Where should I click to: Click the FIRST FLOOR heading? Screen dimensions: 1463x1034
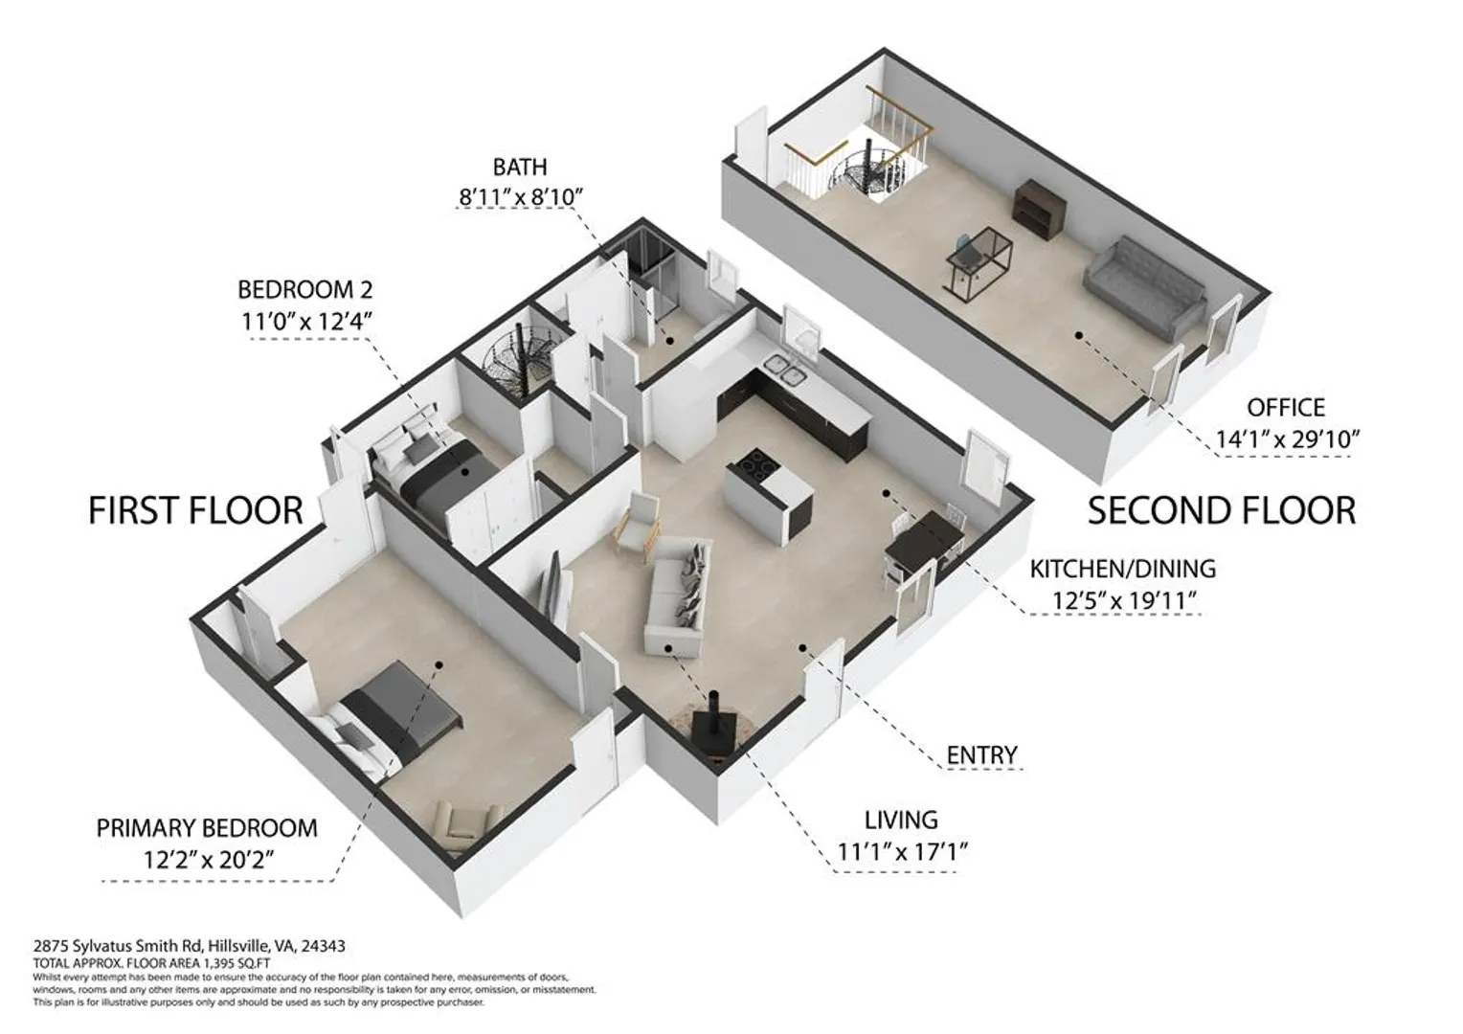pyautogui.click(x=195, y=511)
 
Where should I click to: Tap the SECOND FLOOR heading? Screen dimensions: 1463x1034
pyautogui.click(x=1222, y=511)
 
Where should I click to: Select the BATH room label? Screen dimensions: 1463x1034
pyautogui.click(x=520, y=168)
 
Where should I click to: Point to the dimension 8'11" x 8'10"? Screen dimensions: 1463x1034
pyautogui.click(x=521, y=196)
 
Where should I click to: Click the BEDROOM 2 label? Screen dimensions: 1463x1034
pyautogui.click(x=305, y=289)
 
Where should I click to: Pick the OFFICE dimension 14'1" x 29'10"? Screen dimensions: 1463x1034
pyautogui.click(x=1287, y=438)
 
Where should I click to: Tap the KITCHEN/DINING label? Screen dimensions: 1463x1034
pyautogui.click(x=1123, y=569)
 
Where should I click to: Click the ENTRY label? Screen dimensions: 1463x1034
pyautogui.click(x=981, y=755)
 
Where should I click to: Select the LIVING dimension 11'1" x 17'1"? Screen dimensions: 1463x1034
pyautogui.click(x=901, y=851)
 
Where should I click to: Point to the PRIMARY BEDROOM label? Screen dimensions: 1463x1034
pyautogui.click(x=207, y=828)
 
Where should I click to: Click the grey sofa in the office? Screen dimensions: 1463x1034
pyautogui.click(x=1144, y=287)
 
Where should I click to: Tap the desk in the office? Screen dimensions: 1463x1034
pyautogui.click(x=979, y=262)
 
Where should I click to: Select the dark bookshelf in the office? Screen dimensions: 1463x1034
pyautogui.click(x=1039, y=209)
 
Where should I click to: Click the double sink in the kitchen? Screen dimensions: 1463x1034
pyautogui.click(x=787, y=369)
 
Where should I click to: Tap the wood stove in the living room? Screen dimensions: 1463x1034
pyautogui.click(x=717, y=725)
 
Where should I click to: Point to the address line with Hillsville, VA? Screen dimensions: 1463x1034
pyautogui.click(x=190, y=945)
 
